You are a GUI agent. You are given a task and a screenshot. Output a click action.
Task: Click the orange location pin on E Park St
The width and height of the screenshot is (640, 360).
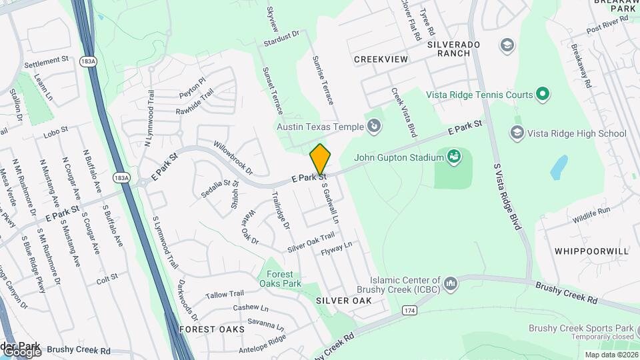click(x=320, y=158)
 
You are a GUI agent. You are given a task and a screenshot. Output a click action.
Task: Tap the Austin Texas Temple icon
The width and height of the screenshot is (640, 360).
click(x=375, y=125)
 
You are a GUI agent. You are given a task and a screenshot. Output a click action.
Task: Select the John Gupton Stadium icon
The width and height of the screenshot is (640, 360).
click(x=455, y=157)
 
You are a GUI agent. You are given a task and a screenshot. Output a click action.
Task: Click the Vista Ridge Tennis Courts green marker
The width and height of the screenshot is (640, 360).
click(x=543, y=94)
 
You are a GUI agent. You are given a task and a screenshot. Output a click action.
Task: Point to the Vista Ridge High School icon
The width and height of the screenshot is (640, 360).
click(x=517, y=133)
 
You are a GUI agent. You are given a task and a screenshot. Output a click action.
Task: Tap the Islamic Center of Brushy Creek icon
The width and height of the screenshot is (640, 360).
click(x=451, y=285)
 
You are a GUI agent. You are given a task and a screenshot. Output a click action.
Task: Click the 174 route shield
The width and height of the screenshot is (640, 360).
click(x=409, y=310)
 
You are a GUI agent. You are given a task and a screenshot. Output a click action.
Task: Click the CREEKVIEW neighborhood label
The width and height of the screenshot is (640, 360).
click(x=381, y=59)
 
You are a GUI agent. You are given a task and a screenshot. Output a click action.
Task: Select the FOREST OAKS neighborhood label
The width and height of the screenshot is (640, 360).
click(x=207, y=329)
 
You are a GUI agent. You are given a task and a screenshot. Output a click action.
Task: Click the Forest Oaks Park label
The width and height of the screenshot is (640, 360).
click(x=280, y=279)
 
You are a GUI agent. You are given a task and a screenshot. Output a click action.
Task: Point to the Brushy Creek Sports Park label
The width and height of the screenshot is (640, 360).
click(x=581, y=327)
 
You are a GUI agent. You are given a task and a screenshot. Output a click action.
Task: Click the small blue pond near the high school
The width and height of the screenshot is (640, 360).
click(x=559, y=167)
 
